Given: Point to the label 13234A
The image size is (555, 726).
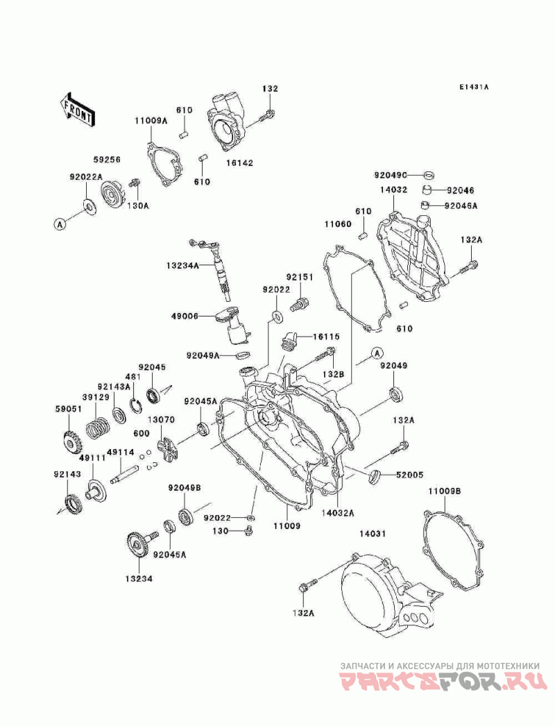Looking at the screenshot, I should click(182, 265).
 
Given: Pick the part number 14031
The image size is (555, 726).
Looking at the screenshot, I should click(372, 534).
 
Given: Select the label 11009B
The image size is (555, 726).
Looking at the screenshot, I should click(444, 491).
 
